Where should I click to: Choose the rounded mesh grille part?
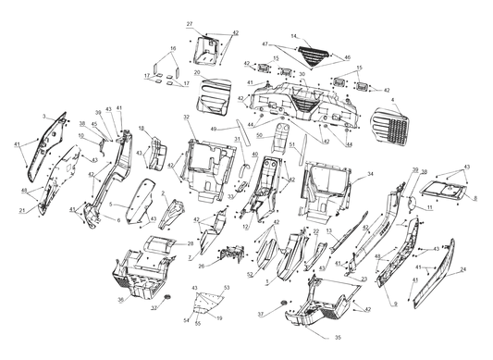pyautogui.click(x=391, y=128)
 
